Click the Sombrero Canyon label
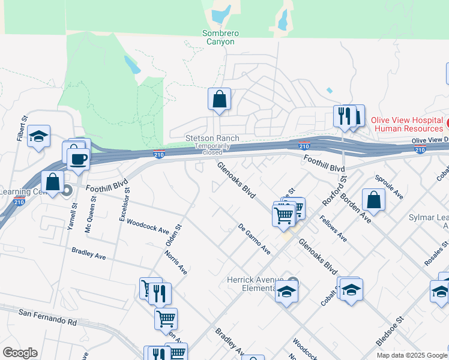pyautogui.click(x=221, y=37)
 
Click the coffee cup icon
pyautogui.click(x=78, y=159)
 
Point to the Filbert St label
pyautogui.click(x=23, y=129)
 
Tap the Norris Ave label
pyautogui.click(x=176, y=262)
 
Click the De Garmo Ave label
pyautogui.click(x=254, y=239)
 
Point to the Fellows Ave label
pyautogui.click(x=333, y=229)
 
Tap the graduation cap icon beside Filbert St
pyautogui.click(x=39, y=137)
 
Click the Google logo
pyautogui.click(x=20, y=353)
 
